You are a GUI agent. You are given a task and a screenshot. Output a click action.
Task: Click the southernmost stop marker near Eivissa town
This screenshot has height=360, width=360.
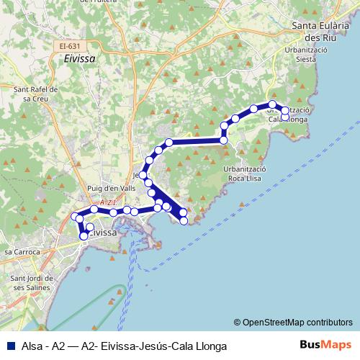pyautogui.click(x=84, y=235)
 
